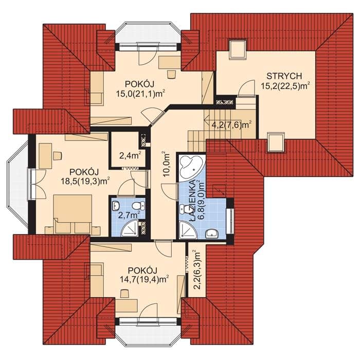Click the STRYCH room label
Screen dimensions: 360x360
(x=284, y=76)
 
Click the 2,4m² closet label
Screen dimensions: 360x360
(x=130, y=156)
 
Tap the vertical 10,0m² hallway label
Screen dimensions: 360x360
(x=167, y=164)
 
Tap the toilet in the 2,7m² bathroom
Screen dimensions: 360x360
(x=139, y=205)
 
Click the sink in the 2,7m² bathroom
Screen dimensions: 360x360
(x=116, y=205)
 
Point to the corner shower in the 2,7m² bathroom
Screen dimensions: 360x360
(x=130, y=228)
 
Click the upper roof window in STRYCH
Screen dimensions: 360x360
(x=238, y=49)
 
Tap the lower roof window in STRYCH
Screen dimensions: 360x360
(x=276, y=142)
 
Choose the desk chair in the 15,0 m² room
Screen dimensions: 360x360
(x=171, y=75)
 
